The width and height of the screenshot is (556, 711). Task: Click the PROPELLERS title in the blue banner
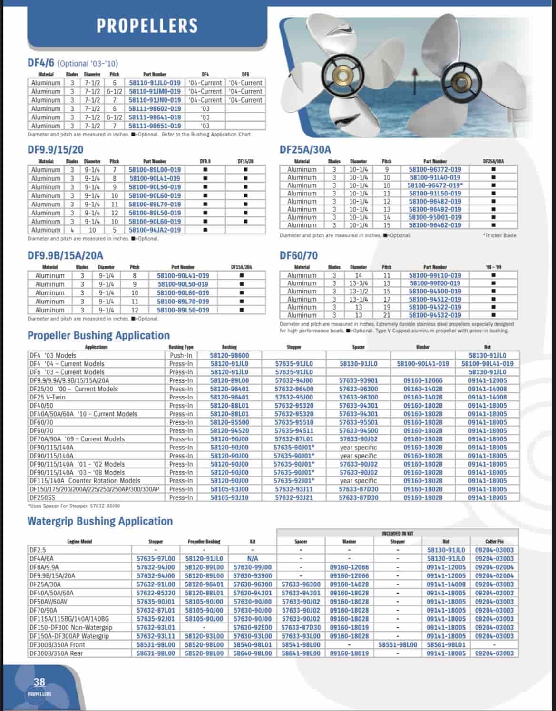(x=146, y=26)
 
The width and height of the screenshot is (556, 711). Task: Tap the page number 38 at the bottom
(x=39, y=682)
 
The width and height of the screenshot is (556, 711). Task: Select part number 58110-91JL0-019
(x=155, y=83)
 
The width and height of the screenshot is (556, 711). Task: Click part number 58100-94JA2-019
(x=155, y=230)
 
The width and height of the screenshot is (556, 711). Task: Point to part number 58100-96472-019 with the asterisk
(x=435, y=185)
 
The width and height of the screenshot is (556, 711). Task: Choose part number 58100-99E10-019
(x=435, y=275)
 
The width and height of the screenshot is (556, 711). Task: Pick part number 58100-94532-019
(x=435, y=315)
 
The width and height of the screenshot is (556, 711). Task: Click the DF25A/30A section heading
(x=305, y=150)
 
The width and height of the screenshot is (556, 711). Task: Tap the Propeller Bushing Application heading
(x=98, y=336)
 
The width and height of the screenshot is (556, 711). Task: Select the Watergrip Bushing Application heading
(x=100, y=521)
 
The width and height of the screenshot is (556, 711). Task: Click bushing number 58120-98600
(x=229, y=355)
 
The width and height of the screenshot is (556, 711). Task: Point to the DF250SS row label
(x=41, y=497)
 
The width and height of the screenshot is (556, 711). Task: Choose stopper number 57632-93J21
(x=294, y=497)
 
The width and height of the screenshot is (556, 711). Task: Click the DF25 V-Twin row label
(x=48, y=397)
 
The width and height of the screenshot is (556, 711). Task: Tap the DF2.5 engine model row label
(x=38, y=550)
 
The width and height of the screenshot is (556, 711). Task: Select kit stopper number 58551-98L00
(x=398, y=645)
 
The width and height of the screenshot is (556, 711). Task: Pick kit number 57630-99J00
(x=253, y=567)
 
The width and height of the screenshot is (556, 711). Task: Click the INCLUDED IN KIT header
(x=398, y=534)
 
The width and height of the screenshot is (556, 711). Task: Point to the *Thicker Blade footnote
(x=499, y=235)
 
